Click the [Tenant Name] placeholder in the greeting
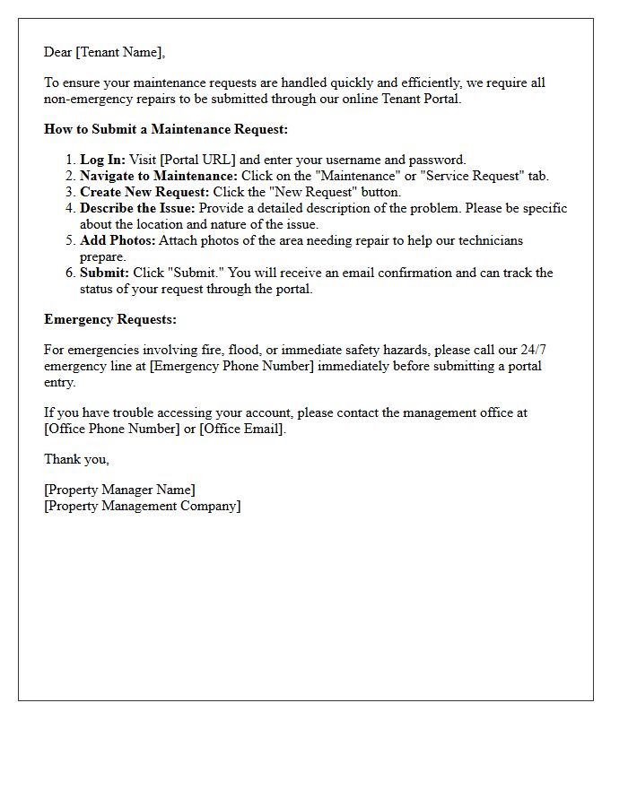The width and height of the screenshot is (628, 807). coord(119,52)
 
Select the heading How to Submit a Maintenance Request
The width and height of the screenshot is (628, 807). coord(166,129)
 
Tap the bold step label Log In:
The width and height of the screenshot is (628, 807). coord(102,160)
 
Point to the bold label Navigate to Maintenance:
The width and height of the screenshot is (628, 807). coord(159,176)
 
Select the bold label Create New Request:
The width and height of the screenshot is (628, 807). coord(144,192)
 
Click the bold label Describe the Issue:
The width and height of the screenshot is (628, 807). coord(137,208)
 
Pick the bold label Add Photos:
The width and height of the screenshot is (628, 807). coord(118,240)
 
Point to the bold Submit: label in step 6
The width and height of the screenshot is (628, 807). coord(104,273)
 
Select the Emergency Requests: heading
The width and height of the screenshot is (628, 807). coord(110,319)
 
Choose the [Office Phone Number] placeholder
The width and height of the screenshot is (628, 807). coord(112,429)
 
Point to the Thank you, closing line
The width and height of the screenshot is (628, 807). coord(77,459)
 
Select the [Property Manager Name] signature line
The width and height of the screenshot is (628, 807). coord(119,490)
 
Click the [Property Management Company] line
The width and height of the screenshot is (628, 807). coord(143,506)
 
